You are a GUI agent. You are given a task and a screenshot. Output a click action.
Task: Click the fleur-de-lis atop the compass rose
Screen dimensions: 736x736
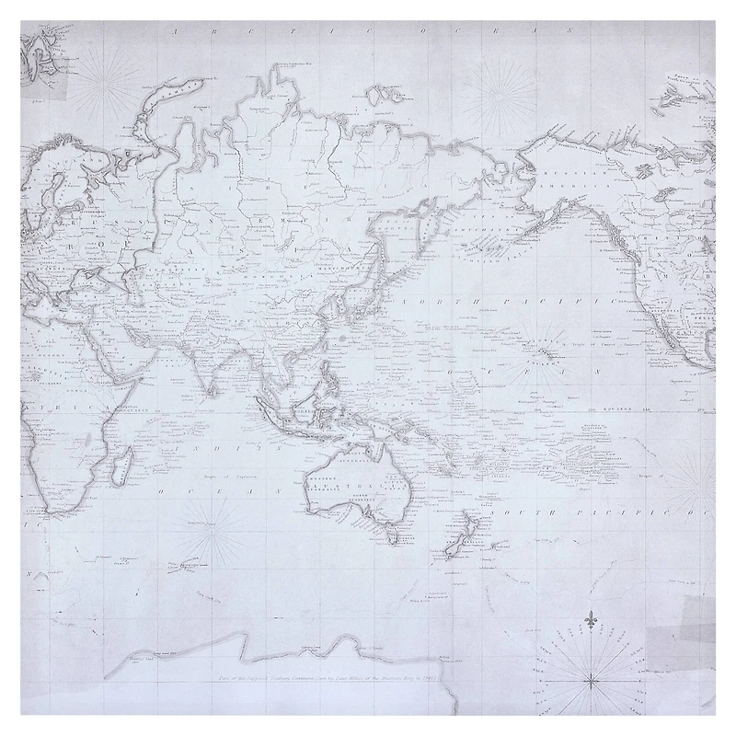point(590,623)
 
